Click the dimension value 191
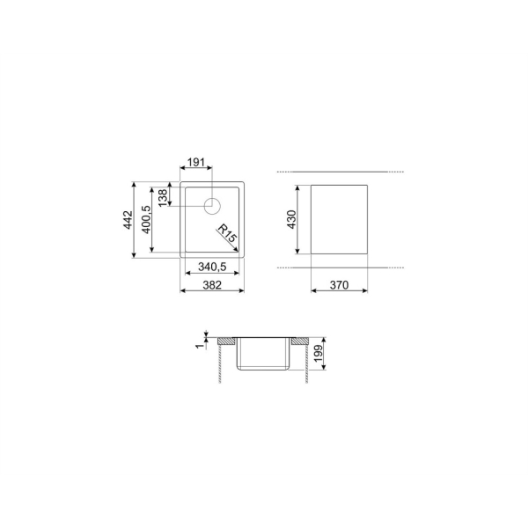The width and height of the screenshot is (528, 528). [196, 162]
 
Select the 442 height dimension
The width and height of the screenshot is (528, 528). [128, 220]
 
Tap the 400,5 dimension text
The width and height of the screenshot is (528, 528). [147, 219]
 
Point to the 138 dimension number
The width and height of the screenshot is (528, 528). [162, 198]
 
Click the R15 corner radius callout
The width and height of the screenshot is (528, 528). [226, 233]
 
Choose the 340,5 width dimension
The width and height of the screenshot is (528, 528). [212, 267]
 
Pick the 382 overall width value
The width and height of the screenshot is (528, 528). [212, 285]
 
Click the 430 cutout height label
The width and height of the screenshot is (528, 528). [291, 219]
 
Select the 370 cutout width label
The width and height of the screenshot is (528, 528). [339, 285]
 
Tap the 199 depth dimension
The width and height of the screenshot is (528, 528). [319, 353]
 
